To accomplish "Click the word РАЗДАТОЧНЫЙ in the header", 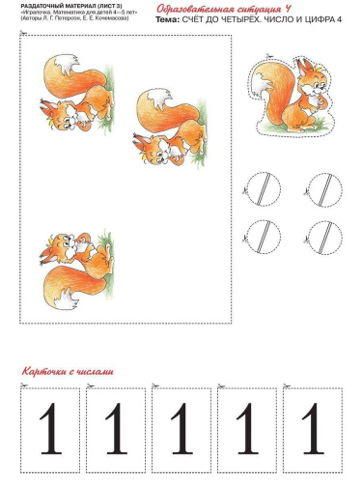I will click(x=42, y=6).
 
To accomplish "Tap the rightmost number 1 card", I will click(x=311, y=429).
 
